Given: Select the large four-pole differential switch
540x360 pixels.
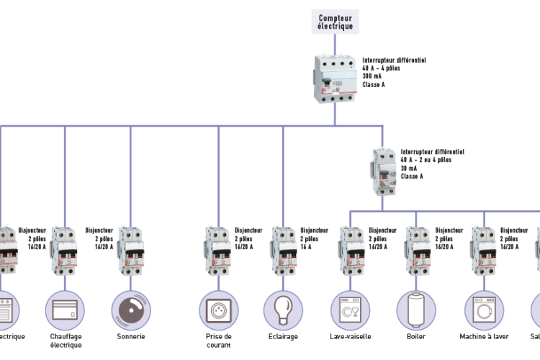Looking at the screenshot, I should (x=335, y=79).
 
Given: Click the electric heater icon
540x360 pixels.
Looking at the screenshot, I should (x=65, y=310).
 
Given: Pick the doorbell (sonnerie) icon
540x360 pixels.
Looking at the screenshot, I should (x=131, y=310).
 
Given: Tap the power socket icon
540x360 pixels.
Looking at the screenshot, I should (x=218, y=310).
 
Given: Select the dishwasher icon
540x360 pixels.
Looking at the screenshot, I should (x=350, y=310).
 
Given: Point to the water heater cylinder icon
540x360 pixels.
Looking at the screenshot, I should (x=416, y=310).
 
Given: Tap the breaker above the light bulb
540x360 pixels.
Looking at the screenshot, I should (x=283, y=250).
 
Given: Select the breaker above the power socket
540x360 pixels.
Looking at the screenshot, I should (x=218, y=250).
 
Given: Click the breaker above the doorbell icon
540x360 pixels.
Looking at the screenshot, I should (x=131, y=250).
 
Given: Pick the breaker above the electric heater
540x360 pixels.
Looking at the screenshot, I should (x=65, y=250).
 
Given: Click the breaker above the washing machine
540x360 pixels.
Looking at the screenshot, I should (x=483, y=250).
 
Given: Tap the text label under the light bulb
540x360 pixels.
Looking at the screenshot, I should (x=283, y=336).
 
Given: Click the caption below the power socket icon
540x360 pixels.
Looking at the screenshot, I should (x=218, y=340).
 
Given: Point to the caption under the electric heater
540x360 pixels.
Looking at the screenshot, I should (x=65, y=340).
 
